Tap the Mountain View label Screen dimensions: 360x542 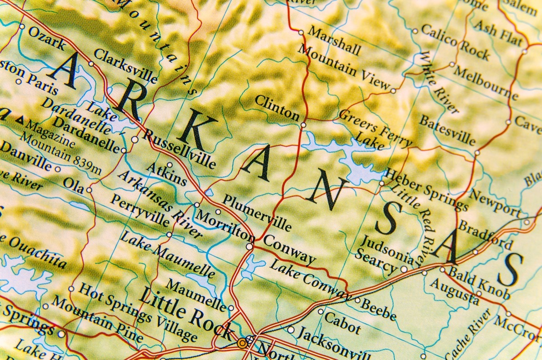pos(344,67)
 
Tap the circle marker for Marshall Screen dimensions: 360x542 pos(301,33)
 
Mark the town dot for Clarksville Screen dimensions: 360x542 pos(91,64)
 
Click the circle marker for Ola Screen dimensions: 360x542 pos(89,190)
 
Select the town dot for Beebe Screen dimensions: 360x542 pos(357,300)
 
